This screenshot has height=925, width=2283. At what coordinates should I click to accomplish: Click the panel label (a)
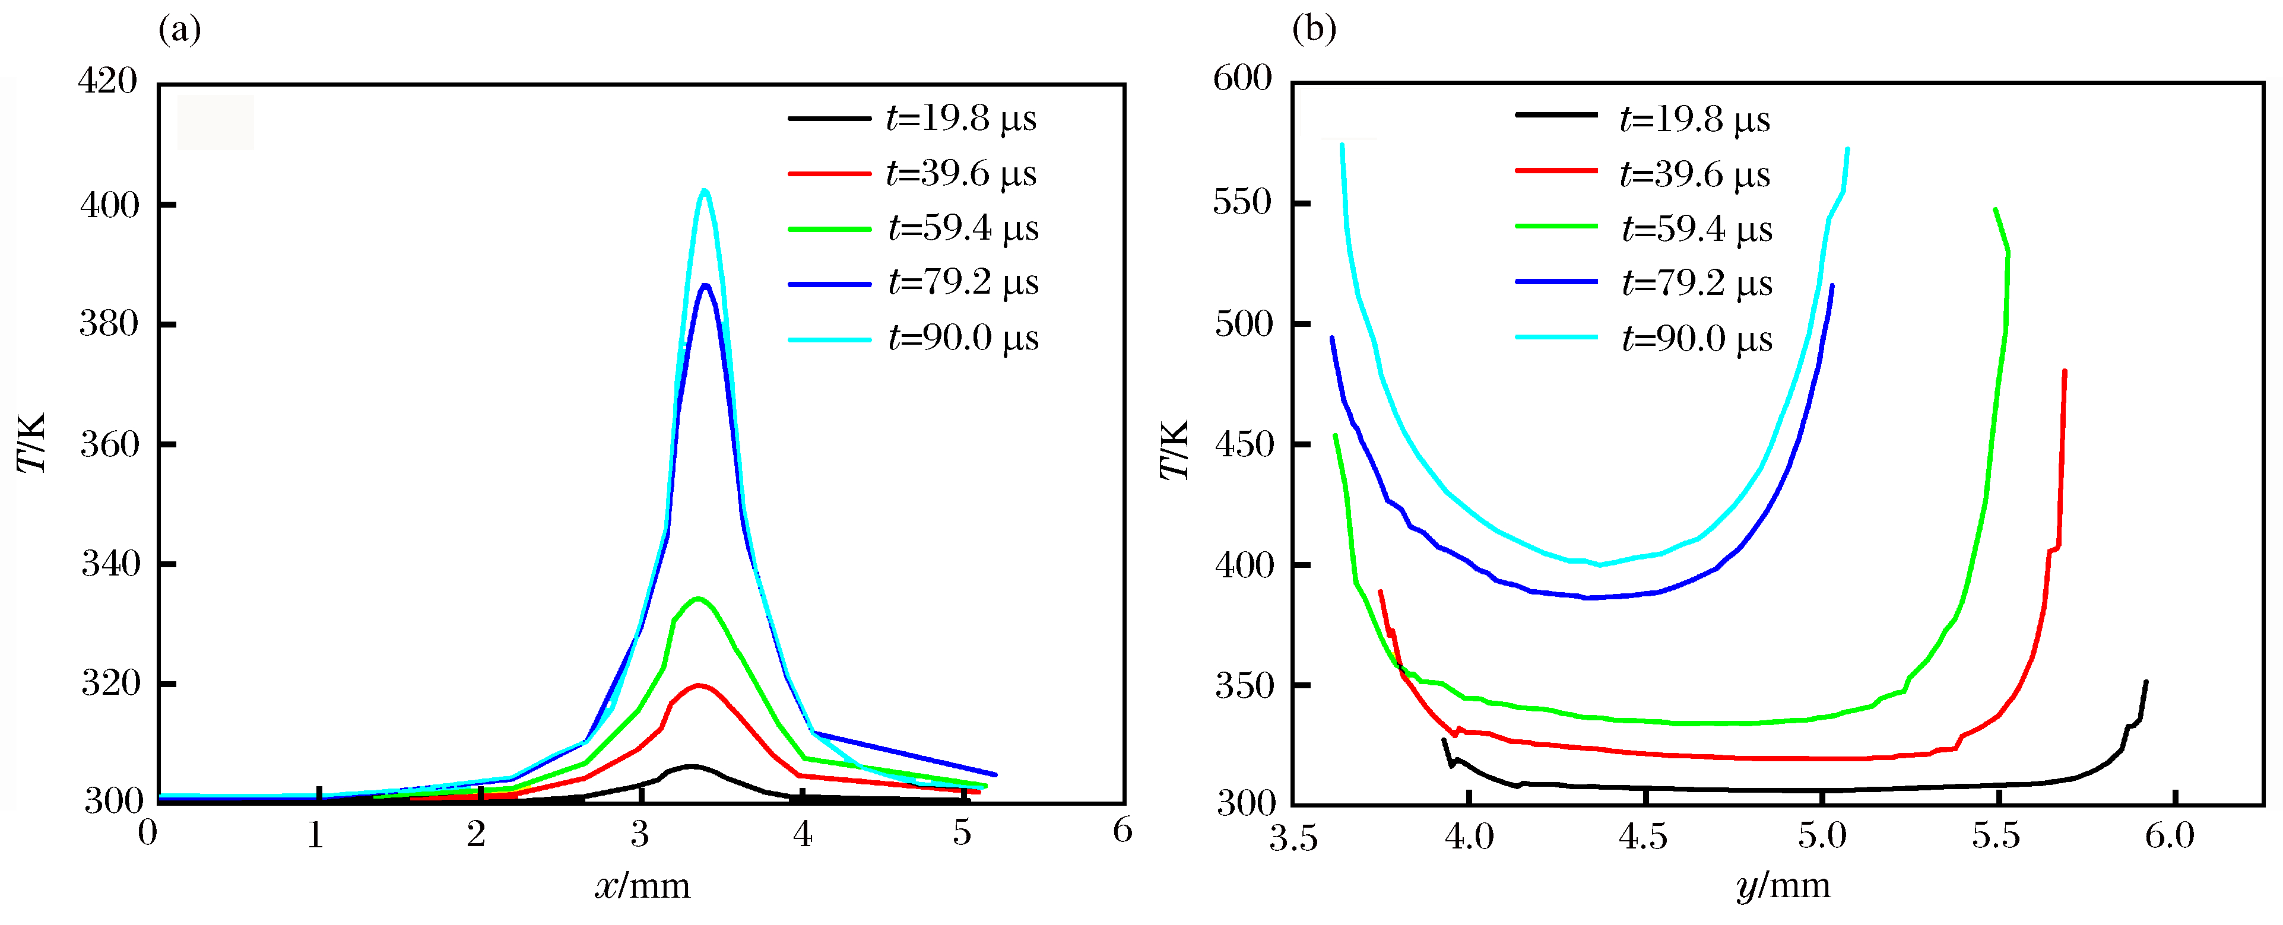click(x=180, y=30)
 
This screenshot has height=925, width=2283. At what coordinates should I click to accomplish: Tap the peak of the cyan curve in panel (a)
click(x=705, y=190)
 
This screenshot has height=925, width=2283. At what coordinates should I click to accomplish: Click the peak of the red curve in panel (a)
click(x=699, y=685)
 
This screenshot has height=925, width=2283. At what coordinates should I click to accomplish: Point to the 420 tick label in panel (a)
click(x=108, y=81)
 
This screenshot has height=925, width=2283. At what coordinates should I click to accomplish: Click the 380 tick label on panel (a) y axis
click(x=109, y=325)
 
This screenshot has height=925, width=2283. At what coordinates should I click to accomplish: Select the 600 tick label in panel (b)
click(x=1242, y=79)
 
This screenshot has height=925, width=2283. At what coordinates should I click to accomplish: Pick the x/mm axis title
click(x=642, y=885)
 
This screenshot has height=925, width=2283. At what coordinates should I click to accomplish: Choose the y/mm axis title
click(x=1783, y=885)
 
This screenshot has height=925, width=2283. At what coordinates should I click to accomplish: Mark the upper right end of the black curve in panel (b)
click(x=2146, y=682)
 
